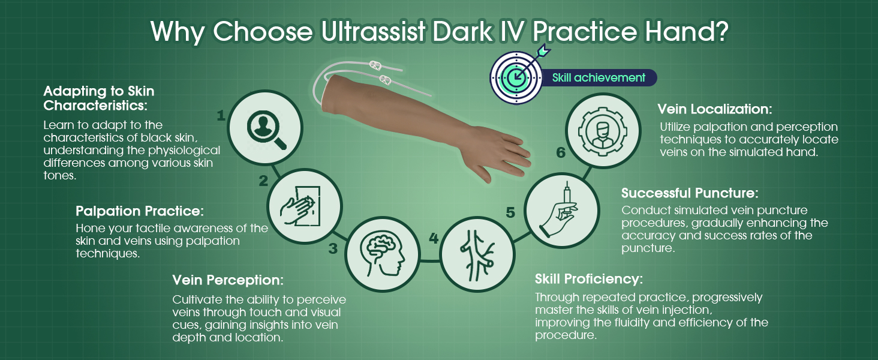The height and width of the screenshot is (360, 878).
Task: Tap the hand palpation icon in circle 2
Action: pyautogui.click(x=300, y=205)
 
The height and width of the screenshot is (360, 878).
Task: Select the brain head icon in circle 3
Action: pyautogui.click(x=382, y=254)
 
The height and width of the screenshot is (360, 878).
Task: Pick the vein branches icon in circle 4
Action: pyautogui.click(x=477, y=255)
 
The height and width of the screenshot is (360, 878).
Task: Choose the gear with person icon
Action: pyautogui.click(x=603, y=131)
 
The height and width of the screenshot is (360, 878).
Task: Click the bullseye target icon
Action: pyautogui.click(x=516, y=77)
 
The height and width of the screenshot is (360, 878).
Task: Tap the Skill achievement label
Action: pyautogui.click(x=599, y=77)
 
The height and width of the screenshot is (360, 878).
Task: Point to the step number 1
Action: pyautogui.click(x=221, y=115)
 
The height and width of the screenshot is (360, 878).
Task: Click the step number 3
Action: pyautogui.click(x=333, y=248)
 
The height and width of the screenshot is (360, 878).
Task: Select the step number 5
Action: pyautogui.click(x=510, y=212)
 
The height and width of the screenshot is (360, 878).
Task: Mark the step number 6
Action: pyautogui.click(x=561, y=152)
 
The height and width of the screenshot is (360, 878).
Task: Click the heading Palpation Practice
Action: pyautogui.click(x=140, y=211)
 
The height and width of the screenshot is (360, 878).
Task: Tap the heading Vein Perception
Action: pyautogui.click(x=228, y=280)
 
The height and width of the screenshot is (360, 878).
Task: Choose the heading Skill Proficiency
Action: pyautogui.click(x=589, y=279)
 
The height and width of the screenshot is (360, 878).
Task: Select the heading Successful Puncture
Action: pyautogui.click(x=690, y=193)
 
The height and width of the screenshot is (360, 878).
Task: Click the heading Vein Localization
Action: pyautogui.click(x=714, y=109)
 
